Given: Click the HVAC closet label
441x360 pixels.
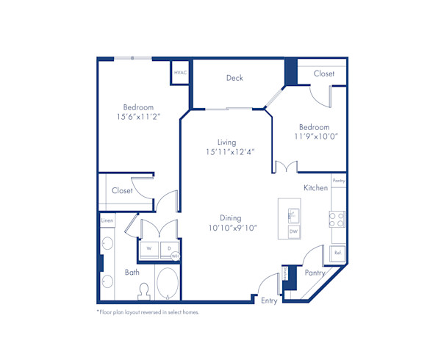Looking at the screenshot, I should click(x=180, y=73).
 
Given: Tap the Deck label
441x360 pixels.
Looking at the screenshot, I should click(x=234, y=78).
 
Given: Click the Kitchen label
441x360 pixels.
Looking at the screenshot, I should click(x=316, y=188).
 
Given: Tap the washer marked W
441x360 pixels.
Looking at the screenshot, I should click(x=149, y=248).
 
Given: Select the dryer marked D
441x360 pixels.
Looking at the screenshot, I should click(x=168, y=248).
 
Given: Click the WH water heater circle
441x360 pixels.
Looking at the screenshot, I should click(x=176, y=256).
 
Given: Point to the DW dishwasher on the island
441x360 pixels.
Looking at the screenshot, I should click(x=293, y=231).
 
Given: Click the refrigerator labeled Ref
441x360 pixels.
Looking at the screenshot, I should click(x=337, y=253).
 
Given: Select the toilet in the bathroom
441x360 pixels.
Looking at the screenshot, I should click(x=144, y=292).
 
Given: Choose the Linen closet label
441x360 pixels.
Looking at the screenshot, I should click(x=107, y=220).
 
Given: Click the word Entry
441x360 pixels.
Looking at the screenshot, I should click(x=269, y=300).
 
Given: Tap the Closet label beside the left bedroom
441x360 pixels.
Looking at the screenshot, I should click(x=122, y=191).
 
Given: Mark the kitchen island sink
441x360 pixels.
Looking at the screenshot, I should click(x=292, y=214).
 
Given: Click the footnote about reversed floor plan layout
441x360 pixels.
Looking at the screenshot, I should click(x=148, y=312).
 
